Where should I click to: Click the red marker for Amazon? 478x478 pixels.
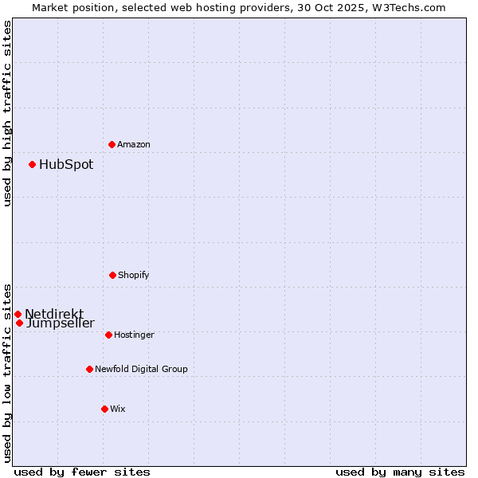[x=112, y=144]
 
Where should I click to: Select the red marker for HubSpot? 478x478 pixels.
[x=32, y=164]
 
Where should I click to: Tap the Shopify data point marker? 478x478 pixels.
[x=112, y=275]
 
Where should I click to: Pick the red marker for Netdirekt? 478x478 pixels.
[x=18, y=314]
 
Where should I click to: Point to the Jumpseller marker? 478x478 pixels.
[x=19, y=323]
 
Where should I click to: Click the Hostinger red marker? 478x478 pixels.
[x=108, y=335]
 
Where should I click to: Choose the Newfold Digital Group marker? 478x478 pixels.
[x=89, y=369]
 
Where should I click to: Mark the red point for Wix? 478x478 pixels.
[x=104, y=409]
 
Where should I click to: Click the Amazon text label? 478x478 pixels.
[x=134, y=144]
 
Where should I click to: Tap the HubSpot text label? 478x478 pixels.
[x=66, y=165]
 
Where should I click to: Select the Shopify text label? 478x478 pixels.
[x=134, y=275]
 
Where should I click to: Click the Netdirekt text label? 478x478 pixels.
[x=54, y=314]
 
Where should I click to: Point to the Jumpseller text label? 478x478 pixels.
[x=61, y=323]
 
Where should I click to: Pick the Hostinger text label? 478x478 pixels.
[x=134, y=335]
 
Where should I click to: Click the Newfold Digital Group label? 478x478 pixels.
[x=141, y=369]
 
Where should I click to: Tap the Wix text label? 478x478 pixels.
[x=118, y=409]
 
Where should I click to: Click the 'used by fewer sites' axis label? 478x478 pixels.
[x=82, y=472]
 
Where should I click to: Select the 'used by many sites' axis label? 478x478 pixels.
[x=400, y=472]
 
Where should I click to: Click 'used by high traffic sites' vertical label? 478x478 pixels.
[x=8, y=113]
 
